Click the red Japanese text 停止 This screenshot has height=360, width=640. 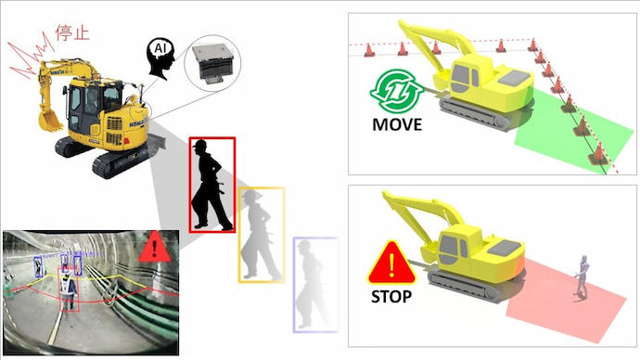pyautogui.click(x=71, y=32)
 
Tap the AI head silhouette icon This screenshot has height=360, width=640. pyautogui.click(x=160, y=58)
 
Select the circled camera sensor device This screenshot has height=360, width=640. pyautogui.click(x=212, y=63)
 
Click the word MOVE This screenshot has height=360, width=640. pyautogui.click(x=397, y=124)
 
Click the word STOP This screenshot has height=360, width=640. pyautogui.click(x=391, y=297)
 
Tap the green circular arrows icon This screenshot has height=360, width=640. pyautogui.click(x=396, y=91)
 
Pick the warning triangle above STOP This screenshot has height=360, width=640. pyautogui.click(x=391, y=264)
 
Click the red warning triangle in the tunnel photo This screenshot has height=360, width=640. pyautogui.click(x=154, y=247)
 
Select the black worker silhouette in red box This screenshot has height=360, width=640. pyautogui.click(x=211, y=185)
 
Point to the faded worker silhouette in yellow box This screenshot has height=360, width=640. pyautogui.click(x=261, y=235)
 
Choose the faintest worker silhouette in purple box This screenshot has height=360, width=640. pyautogui.click(x=313, y=285)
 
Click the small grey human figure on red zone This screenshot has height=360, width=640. pyautogui.click(x=582, y=277)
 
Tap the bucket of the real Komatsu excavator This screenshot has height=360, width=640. pyautogui.click(x=50, y=121)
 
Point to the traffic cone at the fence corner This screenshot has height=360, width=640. pyautogui.click(x=532, y=45)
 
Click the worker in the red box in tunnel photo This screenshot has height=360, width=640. pyautogui.click(x=68, y=291)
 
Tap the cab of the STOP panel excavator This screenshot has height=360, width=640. pyautogui.click(x=458, y=249)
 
